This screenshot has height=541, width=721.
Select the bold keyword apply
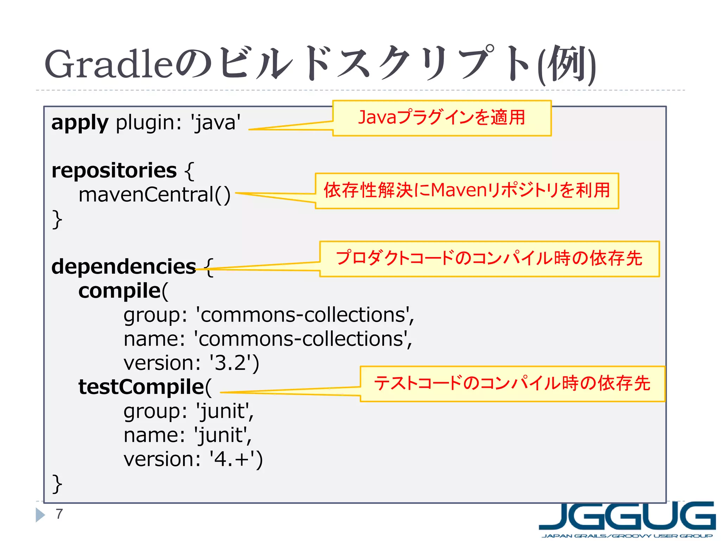80,123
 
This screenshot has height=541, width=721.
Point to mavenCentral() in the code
154,194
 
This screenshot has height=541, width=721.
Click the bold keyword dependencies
124,267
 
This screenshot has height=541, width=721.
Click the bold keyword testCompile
141,387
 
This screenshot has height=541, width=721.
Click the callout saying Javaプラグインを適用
441,118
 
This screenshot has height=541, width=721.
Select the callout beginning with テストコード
512,384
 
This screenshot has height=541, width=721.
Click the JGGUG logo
627,519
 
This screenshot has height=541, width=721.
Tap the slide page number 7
59,514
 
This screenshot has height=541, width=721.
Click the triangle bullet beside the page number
40,515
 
